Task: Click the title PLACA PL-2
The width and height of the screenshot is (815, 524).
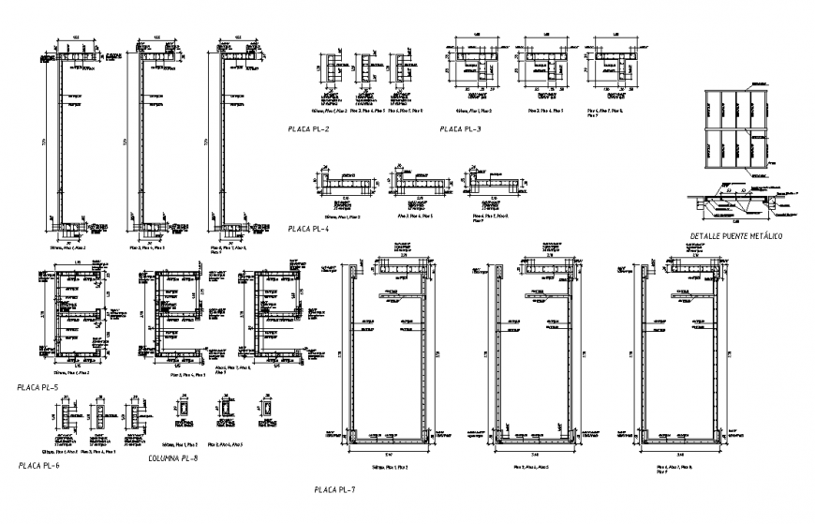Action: (x=308, y=128)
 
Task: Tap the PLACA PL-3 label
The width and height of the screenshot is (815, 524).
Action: (x=460, y=128)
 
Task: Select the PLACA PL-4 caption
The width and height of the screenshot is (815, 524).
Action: (x=308, y=228)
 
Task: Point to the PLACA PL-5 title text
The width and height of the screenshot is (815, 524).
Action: (x=37, y=387)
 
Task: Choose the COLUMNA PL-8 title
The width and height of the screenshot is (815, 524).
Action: (x=172, y=458)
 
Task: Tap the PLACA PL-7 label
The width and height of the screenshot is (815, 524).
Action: (x=335, y=488)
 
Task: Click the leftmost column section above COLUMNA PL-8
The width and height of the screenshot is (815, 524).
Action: (x=184, y=411)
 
